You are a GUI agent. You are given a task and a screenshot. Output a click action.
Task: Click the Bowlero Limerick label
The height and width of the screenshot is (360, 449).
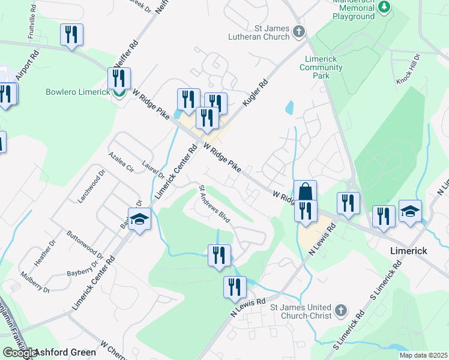[78, 92]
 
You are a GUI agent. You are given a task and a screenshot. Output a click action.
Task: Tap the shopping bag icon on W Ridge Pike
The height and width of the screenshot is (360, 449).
[305, 191]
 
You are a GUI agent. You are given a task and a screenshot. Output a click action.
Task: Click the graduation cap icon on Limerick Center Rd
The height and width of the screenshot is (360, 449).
[139, 219]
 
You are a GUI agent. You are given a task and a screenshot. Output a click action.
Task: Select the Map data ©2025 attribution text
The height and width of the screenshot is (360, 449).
[423, 355]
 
